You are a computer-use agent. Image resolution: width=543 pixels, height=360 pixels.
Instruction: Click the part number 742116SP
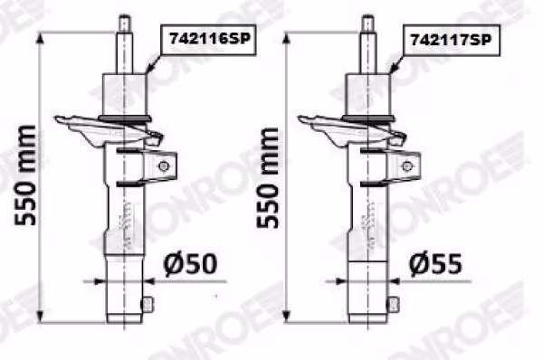(x=209, y=38)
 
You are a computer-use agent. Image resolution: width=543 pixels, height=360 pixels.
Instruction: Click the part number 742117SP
(x=451, y=40)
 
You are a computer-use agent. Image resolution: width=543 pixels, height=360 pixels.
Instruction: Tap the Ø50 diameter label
(x=190, y=264)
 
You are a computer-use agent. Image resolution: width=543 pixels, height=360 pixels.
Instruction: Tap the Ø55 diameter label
(x=435, y=264)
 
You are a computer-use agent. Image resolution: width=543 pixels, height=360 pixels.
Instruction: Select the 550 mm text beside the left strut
(x=25, y=175)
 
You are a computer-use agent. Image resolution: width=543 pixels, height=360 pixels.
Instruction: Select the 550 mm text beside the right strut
(x=268, y=178)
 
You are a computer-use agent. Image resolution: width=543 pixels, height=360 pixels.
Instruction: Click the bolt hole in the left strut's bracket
(x=164, y=166)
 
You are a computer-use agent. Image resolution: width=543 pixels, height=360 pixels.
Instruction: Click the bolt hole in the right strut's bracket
(x=407, y=166)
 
